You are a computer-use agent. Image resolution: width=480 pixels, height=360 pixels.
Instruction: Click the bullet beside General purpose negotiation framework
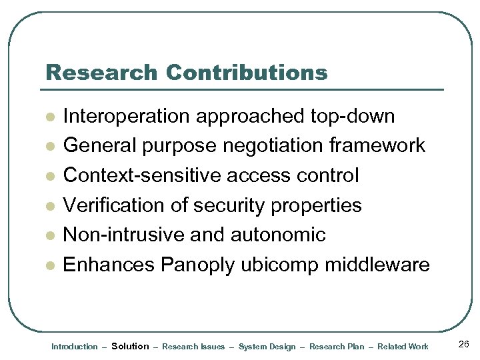[49, 147]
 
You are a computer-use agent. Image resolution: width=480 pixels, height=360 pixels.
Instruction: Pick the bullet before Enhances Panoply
[49, 265]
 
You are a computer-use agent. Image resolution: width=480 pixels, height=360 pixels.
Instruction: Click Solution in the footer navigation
[130, 346]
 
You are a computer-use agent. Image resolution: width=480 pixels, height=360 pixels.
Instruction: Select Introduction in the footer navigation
[74, 347]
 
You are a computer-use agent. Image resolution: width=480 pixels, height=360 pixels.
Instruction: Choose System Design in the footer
[267, 347]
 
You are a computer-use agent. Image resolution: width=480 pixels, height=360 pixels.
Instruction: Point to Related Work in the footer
[403, 347]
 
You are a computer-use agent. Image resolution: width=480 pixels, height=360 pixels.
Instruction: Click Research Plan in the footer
[337, 347]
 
